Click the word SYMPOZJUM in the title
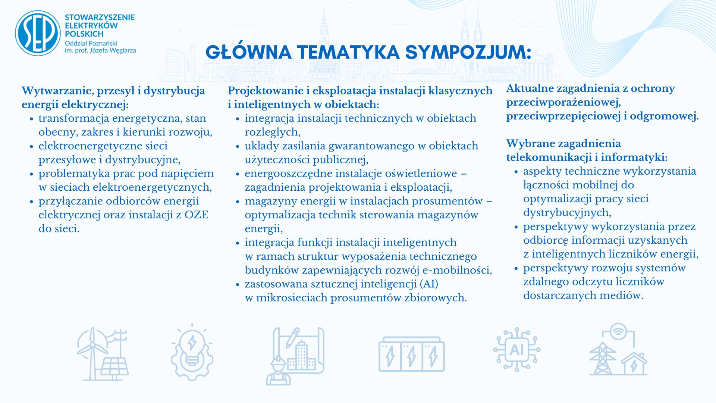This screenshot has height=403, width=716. tap(468, 53)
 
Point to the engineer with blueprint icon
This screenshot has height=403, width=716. tap(295, 356)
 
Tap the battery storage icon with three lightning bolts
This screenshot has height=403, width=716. tap(411, 354)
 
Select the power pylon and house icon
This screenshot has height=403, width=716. tap(618, 349)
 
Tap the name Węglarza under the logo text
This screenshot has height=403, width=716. tap(123, 50)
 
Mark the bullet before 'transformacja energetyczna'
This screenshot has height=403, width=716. tap(31, 119)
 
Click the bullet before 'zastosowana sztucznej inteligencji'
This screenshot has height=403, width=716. tap(237, 285)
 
